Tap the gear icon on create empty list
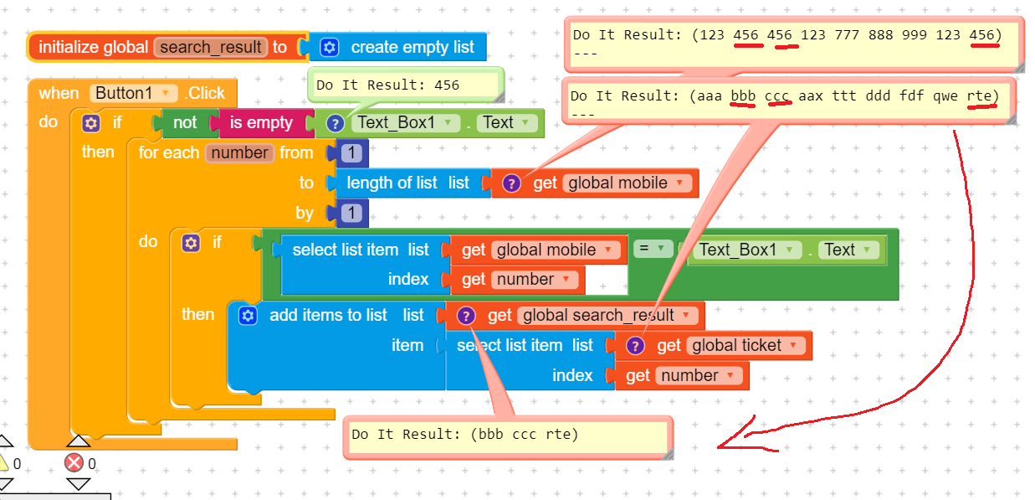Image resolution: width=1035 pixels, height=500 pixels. point(330,48)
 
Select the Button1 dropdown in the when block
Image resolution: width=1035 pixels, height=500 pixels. point(134,93)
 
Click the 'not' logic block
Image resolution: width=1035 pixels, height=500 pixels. point(185,123)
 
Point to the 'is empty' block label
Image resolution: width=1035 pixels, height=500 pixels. point(261,123)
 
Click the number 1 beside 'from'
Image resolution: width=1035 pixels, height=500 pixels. point(352,153)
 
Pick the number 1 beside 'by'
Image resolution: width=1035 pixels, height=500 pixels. point(352,214)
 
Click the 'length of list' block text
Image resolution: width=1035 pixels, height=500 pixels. point(392,183)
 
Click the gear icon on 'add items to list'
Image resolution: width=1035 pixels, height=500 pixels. point(247,316)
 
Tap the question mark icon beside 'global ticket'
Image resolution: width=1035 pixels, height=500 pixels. point(635,346)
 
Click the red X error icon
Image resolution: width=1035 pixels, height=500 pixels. point(74,463)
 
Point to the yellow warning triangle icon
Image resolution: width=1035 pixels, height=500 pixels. point(3,463)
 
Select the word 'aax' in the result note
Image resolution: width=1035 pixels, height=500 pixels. point(811,96)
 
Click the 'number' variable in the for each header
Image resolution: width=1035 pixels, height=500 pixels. point(240,153)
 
